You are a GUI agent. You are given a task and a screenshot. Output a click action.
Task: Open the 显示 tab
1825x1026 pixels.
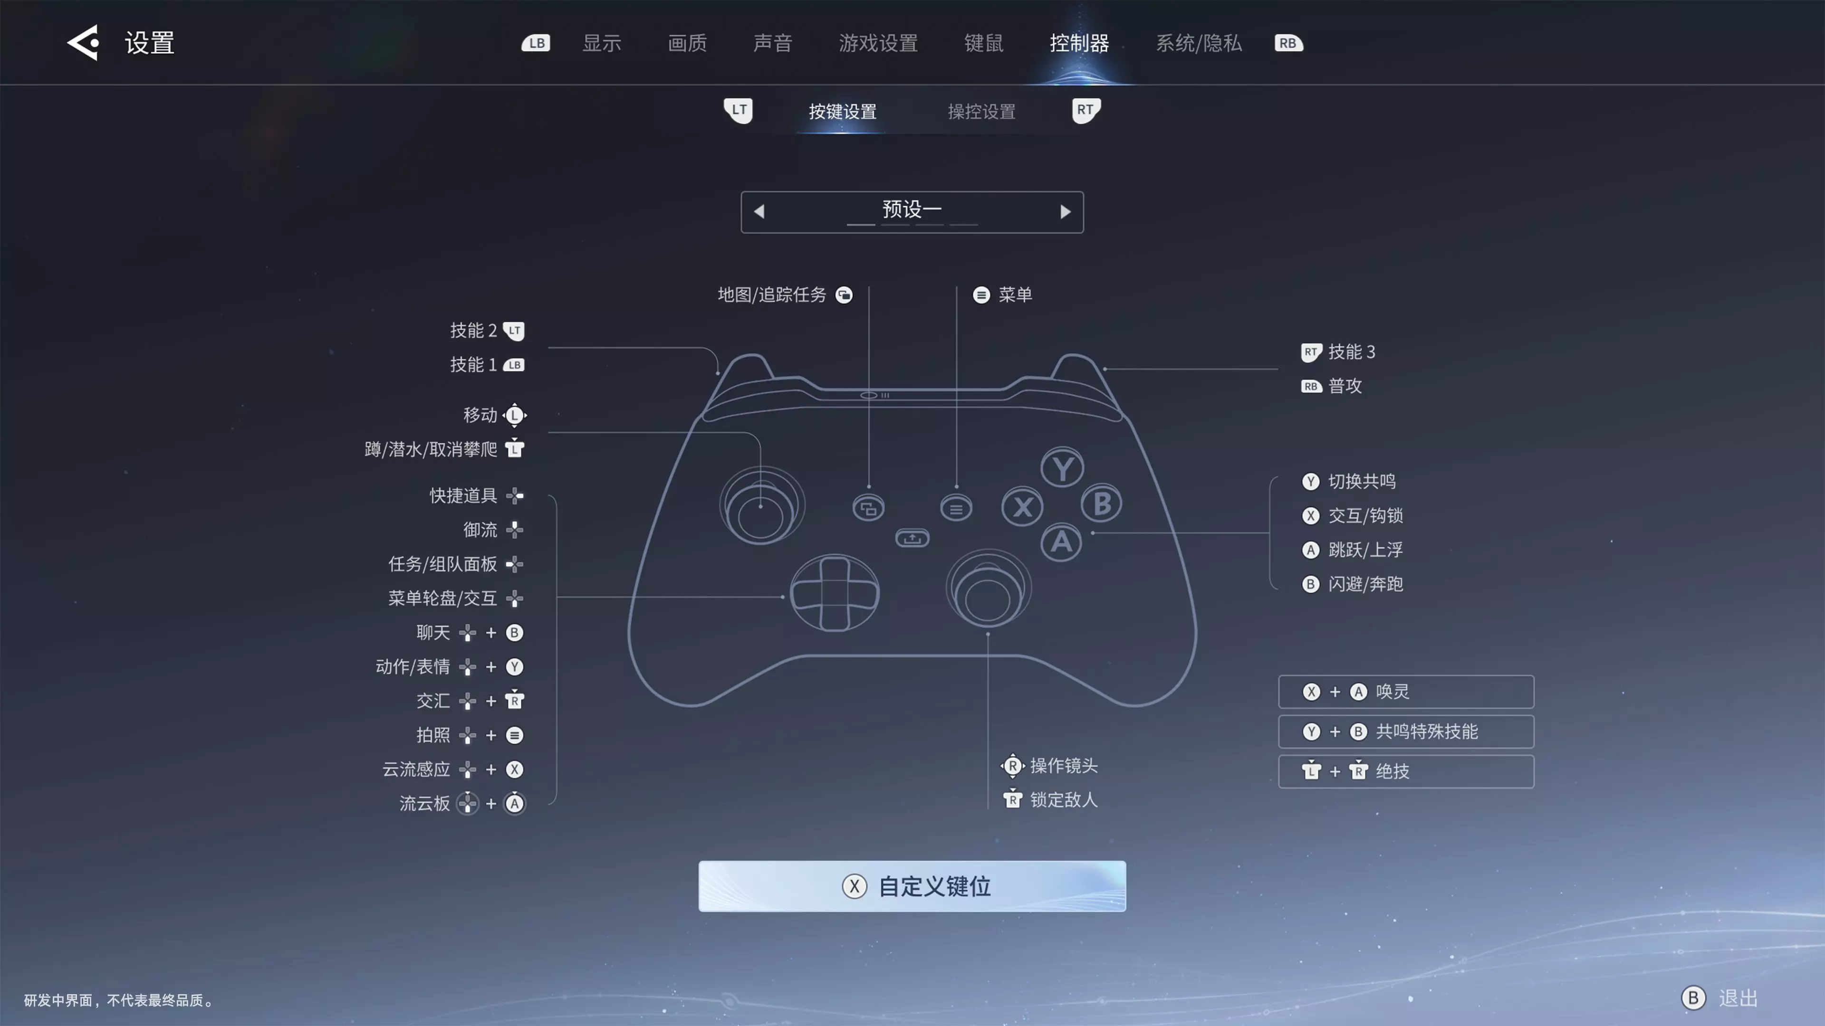coord(602,43)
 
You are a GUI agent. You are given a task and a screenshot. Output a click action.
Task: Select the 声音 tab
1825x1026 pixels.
coord(772,43)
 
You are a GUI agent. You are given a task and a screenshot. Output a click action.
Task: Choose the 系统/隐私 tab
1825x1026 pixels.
coord(1199,43)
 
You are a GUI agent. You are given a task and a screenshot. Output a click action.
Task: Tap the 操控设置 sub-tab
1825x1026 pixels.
coord(981,111)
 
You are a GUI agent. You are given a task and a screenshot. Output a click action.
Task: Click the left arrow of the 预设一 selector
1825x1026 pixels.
coord(759,211)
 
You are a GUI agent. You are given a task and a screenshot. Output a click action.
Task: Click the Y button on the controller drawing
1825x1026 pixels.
coord(1062,468)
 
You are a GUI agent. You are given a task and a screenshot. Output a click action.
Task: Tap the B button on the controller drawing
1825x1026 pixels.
coord(1102,503)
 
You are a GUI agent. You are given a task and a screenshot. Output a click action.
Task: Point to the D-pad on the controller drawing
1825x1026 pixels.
coord(835,593)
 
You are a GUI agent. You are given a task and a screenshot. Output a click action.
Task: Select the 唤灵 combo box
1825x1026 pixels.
coord(1406,692)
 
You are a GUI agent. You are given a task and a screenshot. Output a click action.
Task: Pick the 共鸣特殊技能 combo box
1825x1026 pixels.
coord(1406,731)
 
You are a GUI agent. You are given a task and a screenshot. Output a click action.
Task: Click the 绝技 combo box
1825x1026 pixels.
coord(1406,771)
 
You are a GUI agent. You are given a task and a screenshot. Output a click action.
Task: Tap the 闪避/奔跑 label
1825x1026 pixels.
coord(1365,584)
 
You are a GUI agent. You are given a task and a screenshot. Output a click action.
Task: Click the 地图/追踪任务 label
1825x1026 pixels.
coord(771,294)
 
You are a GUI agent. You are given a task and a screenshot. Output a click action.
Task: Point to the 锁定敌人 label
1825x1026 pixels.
coord(1064,800)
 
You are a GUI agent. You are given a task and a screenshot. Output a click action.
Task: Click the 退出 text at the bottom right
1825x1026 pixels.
coord(1738,998)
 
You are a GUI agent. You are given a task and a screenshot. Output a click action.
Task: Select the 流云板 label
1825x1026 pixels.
coord(424,804)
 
